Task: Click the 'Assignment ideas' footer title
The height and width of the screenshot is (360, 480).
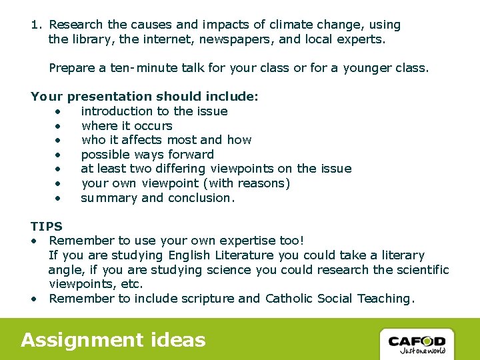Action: coord(113,340)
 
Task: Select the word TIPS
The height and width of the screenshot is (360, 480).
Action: coord(46,226)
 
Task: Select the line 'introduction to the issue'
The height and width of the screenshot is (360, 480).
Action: coord(154,111)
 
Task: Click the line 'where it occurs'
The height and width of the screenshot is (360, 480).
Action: coord(127,126)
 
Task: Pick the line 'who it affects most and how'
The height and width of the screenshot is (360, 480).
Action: coord(166,140)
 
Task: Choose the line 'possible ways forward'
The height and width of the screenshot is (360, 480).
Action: coord(147,155)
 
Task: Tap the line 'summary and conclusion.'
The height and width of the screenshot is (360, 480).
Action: coord(157,198)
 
